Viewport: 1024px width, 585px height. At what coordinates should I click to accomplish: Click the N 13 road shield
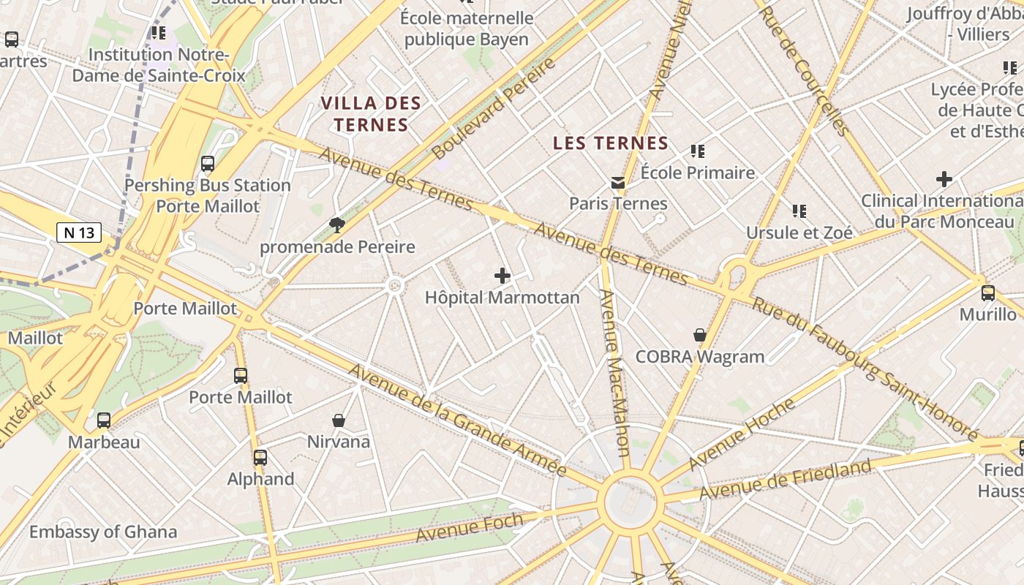(79, 233)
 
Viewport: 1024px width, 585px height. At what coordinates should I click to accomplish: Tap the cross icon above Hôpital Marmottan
(502, 276)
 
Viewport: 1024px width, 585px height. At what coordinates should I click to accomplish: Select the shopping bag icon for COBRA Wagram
(700, 335)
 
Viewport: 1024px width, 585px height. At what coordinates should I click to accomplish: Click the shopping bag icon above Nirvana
(339, 420)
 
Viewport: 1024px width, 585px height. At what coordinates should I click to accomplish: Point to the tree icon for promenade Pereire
(336, 224)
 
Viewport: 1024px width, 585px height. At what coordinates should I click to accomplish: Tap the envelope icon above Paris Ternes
(619, 182)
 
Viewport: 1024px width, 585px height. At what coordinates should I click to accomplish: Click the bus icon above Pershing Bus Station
(208, 164)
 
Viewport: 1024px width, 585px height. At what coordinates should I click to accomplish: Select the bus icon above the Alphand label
(260, 458)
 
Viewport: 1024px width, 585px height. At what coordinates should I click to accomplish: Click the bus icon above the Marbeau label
(104, 420)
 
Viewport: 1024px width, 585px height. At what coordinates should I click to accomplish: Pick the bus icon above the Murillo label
(988, 293)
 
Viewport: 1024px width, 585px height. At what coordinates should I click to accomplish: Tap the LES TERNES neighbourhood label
(611, 143)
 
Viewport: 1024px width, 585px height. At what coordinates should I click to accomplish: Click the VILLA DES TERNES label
(371, 114)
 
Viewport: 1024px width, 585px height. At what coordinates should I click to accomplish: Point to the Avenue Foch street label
(470, 528)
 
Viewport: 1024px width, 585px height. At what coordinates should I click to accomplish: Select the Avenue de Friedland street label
(785, 480)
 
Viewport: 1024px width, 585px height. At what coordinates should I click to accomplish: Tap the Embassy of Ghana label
(103, 532)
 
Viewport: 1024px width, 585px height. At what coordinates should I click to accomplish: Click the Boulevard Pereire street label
(494, 109)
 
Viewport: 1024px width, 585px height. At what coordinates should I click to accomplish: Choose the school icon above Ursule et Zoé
(799, 211)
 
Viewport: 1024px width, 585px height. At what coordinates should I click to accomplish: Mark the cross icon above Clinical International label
(944, 178)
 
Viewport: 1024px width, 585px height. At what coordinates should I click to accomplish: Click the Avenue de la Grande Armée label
(457, 420)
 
